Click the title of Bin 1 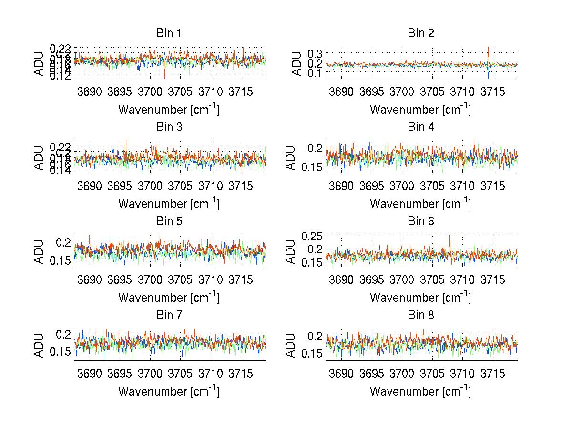pos(169,33)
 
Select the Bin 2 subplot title pos(420,33)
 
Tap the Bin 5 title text pos(169,221)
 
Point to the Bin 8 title pos(420,315)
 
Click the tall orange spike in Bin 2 pos(488,50)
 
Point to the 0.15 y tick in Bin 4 pos(310,167)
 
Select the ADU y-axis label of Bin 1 pos(39,63)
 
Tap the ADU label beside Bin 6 pos(291,251)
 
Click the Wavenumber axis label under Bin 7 pos(169,391)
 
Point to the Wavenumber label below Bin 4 pos(420,203)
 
